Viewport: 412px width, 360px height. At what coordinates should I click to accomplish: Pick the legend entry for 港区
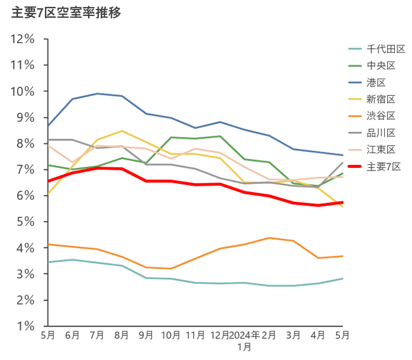click(376, 82)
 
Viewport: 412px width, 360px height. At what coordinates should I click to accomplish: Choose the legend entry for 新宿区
click(381, 98)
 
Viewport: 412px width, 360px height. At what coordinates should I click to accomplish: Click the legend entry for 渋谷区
click(381, 115)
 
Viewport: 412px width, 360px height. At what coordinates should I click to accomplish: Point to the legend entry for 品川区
click(381, 132)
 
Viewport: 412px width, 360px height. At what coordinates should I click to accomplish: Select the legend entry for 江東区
click(381, 149)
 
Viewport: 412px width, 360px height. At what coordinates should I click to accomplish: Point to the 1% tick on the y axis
click(25, 326)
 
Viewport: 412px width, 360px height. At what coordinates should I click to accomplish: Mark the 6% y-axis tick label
click(25, 196)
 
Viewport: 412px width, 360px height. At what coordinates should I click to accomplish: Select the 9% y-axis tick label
click(25, 117)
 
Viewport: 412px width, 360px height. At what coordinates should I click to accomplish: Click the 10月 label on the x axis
click(171, 335)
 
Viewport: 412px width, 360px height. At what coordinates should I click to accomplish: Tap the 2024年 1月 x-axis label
click(244, 341)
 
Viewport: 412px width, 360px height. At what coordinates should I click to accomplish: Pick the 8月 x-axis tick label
click(122, 335)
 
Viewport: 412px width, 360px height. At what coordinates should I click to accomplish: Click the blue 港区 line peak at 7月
click(97, 94)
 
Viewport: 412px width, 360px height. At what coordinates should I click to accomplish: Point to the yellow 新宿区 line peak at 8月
click(122, 131)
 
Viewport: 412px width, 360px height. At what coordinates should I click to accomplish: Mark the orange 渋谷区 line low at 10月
click(171, 269)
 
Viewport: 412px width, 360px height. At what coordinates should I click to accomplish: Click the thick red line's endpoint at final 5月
click(342, 202)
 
